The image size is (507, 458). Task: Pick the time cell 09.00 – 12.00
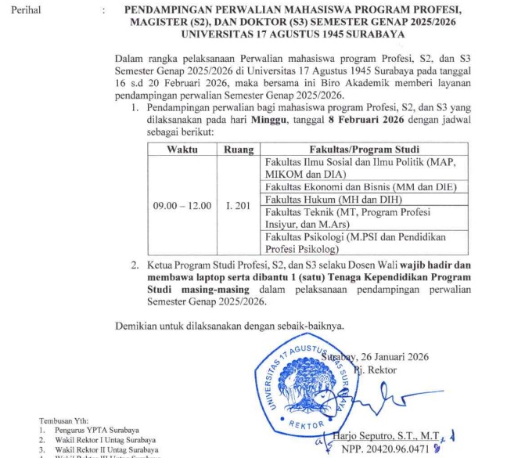(x=182, y=205)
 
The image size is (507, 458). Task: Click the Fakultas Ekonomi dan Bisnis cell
(x=356, y=186)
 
